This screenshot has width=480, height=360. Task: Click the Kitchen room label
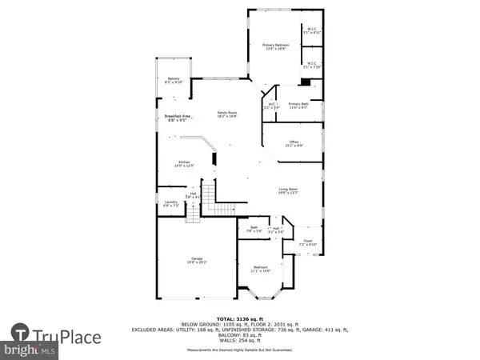click(184, 165)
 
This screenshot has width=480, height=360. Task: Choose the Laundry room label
click(170, 204)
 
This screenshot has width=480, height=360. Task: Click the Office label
click(294, 144)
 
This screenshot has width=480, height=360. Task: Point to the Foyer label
click(307, 242)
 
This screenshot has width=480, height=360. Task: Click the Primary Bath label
click(298, 106)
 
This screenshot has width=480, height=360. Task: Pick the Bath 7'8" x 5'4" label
click(255, 230)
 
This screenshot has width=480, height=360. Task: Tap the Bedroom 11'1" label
click(261, 270)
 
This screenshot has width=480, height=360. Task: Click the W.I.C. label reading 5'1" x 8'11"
click(311, 32)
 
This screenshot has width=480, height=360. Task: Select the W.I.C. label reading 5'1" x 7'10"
click(311, 66)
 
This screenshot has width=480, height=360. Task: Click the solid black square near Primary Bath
click(304, 82)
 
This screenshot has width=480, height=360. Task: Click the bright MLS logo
click(27, 350)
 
